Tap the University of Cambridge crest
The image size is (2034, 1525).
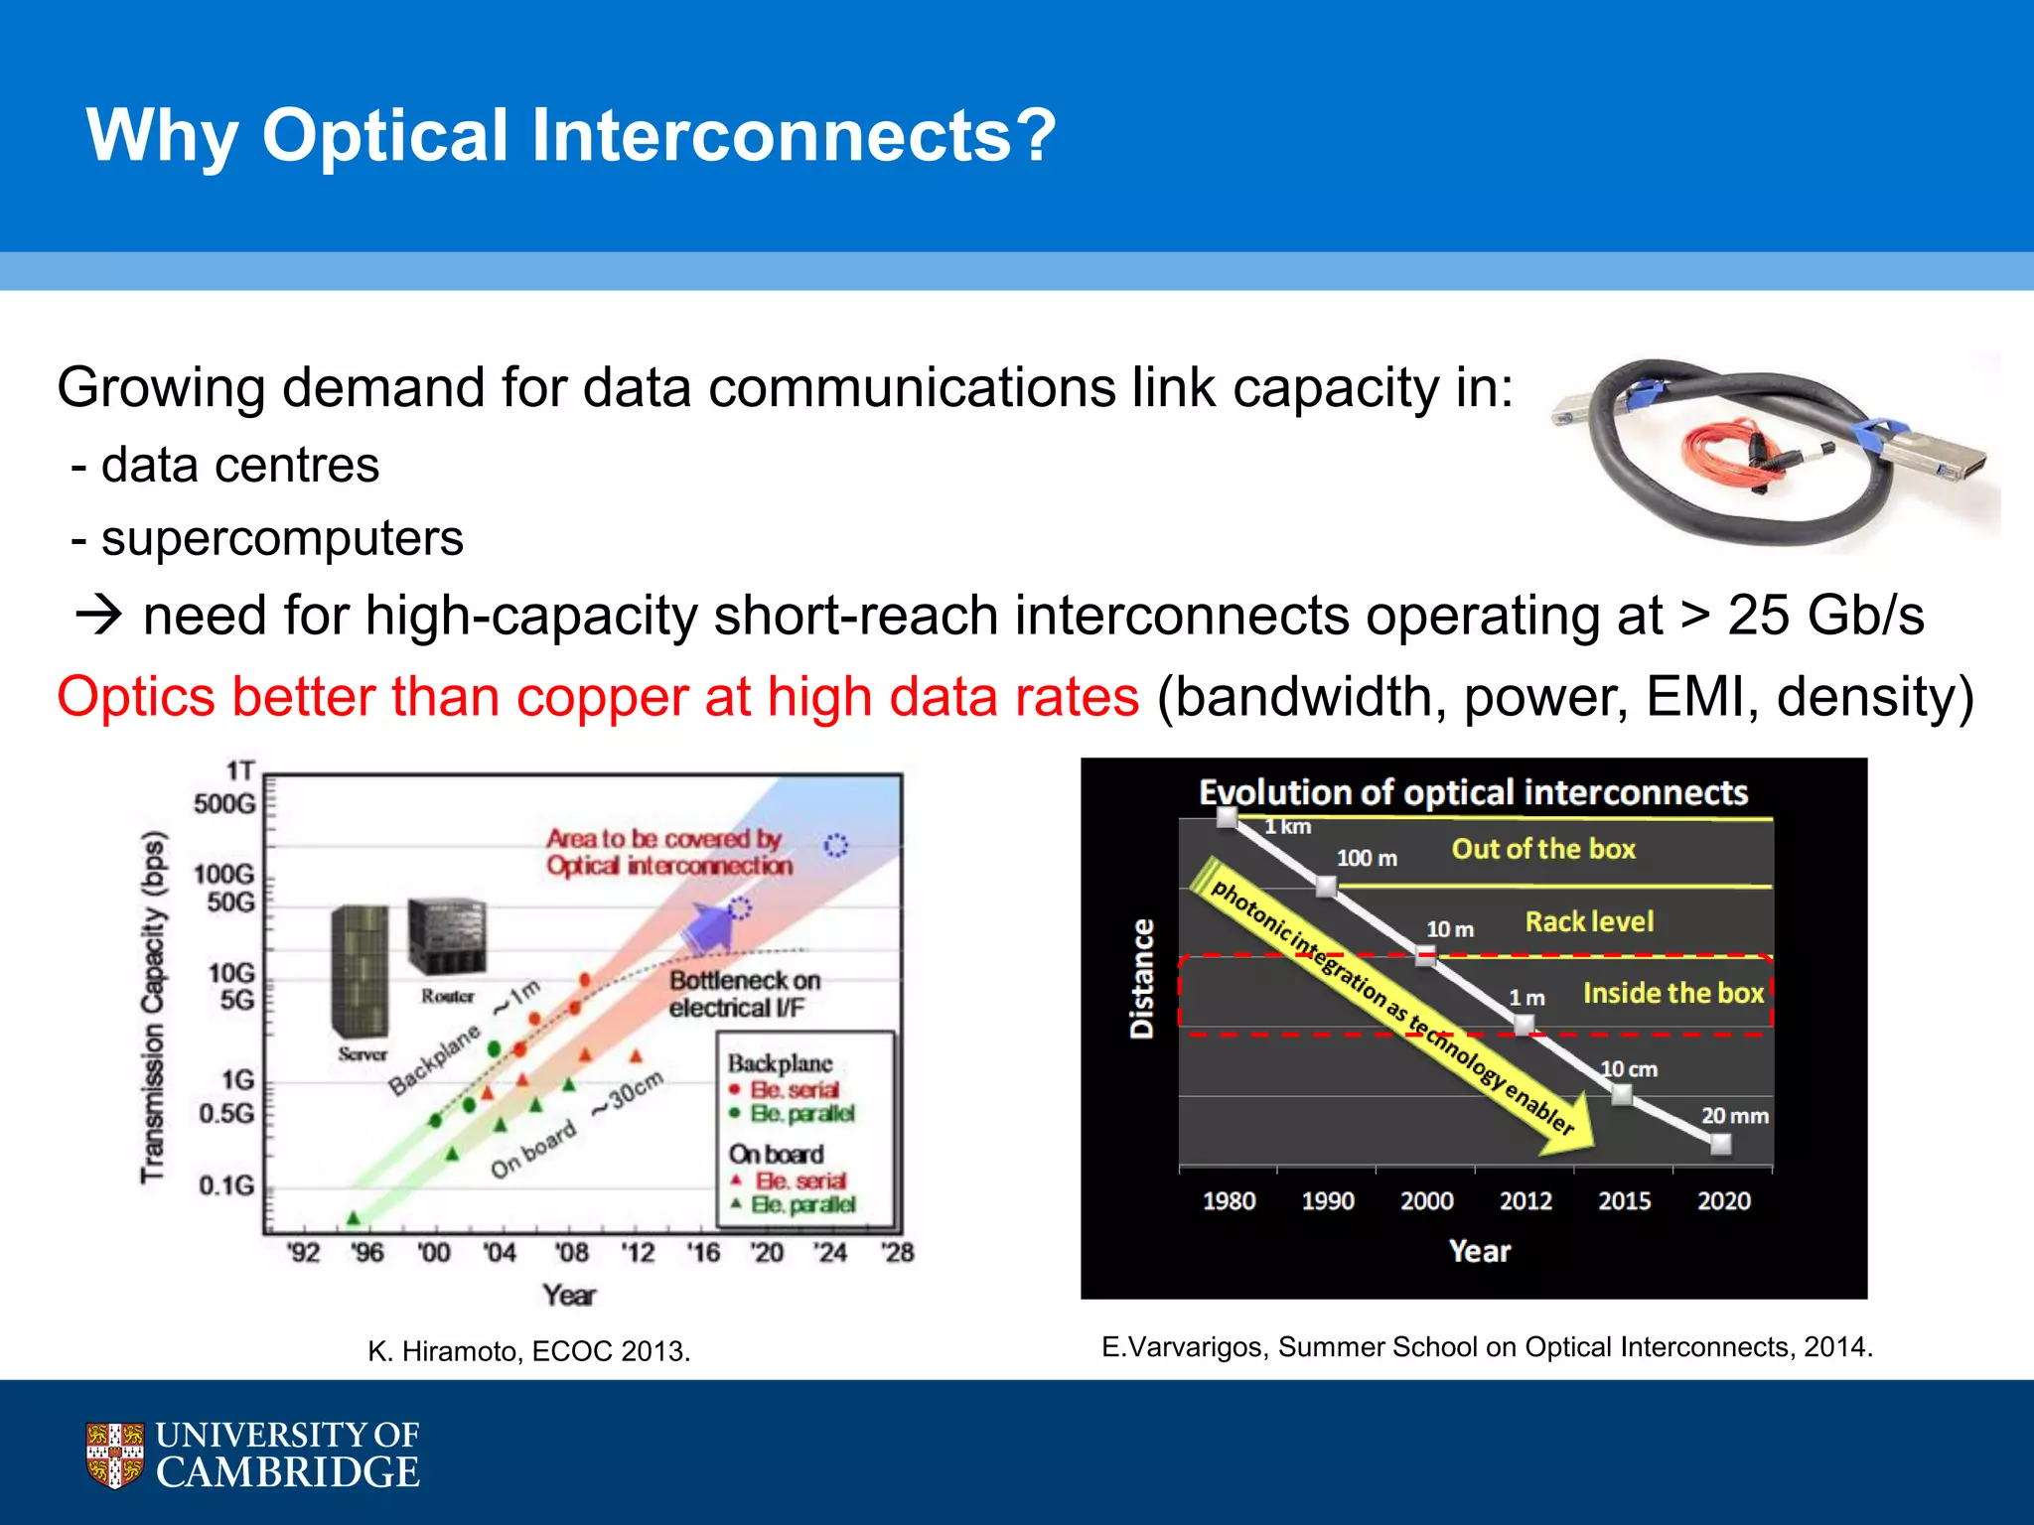tap(114, 1455)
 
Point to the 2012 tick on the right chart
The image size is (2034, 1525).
tap(1525, 1200)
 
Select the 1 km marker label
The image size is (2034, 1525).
tap(1287, 827)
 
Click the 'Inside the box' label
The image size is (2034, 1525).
tap(1672, 993)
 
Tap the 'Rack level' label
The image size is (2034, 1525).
tap(1589, 921)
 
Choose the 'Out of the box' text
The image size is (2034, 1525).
tap(1543, 849)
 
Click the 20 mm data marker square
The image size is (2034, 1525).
tap(1721, 1144)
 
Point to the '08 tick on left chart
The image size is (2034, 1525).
tap(570, 1252)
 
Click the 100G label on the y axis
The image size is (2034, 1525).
tap(223, 874)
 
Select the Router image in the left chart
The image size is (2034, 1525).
tap(447, 936)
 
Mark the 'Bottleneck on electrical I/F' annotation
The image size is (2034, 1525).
tap(744, 994)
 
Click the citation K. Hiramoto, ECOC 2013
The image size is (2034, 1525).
tap(528, 1351)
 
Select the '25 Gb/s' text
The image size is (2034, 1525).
tap(1825, 616)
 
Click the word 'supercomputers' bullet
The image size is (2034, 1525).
tap(282, 539)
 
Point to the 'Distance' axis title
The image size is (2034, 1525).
tap(1142, 979)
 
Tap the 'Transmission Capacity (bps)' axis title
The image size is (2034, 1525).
tap(152, 1007)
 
